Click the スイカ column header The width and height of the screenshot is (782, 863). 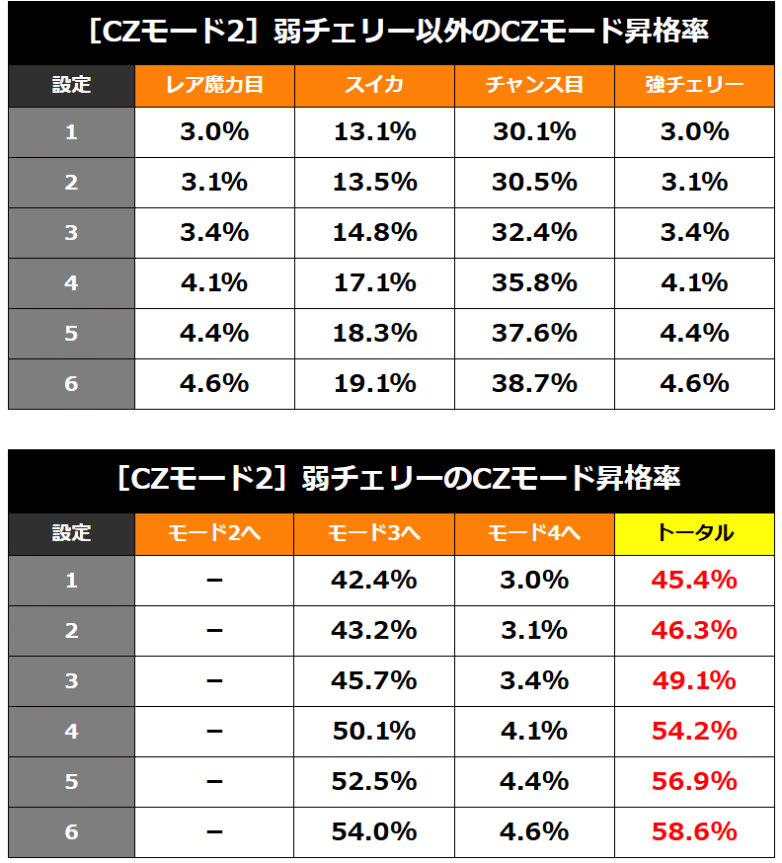(374, 85)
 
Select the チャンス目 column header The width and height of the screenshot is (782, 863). (534, 85)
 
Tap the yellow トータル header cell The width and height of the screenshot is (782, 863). (694, 533)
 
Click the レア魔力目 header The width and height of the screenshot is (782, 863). (214, 85)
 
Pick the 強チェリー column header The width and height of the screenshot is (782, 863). (694, 85)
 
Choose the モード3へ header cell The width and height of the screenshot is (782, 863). (374, 533)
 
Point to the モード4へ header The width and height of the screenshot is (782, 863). (534, 533)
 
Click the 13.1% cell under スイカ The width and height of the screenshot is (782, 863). (374, 132)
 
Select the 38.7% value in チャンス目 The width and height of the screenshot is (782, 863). (534, 384)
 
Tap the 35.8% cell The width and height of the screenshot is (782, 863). (534, 283)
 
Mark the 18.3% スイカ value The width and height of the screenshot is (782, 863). (374, 334)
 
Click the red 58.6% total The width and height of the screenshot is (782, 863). (694, 832)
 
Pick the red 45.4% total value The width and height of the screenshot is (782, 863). (694, 581)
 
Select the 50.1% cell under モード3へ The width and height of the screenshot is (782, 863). (374, 732)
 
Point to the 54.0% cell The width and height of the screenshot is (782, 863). (374, 832)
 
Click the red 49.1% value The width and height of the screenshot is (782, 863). (694, 681)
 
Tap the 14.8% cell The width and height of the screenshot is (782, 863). (374, 233)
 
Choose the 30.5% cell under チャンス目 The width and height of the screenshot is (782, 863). (534, 183)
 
